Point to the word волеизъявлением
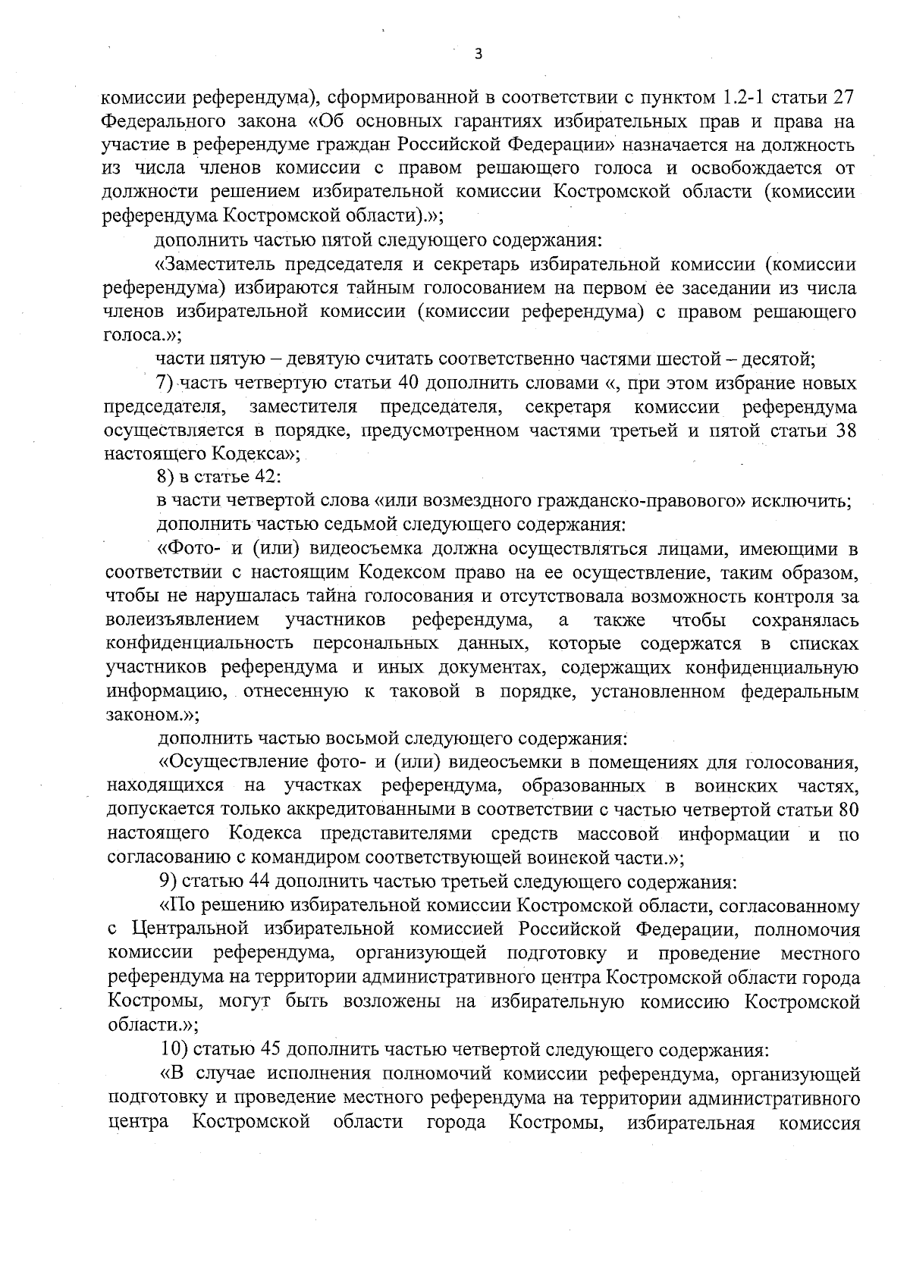[184, 620]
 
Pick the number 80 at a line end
[847, 810]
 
